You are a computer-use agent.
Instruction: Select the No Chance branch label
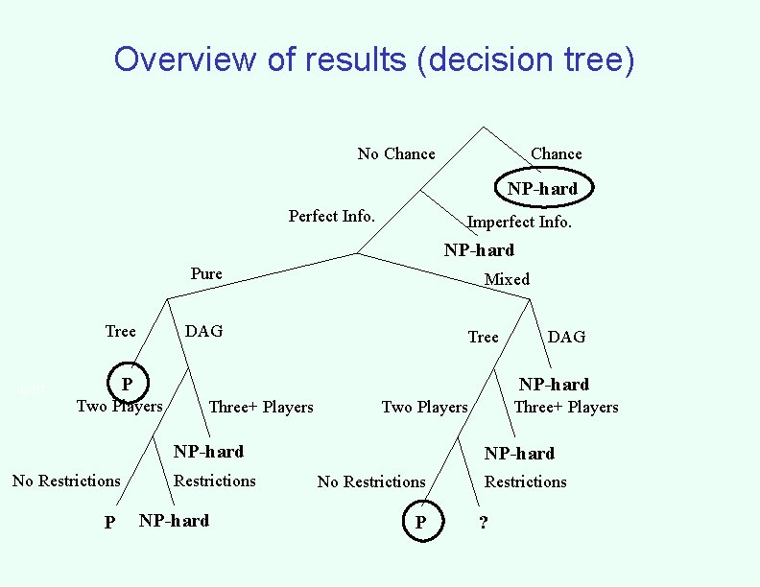pos(395,153)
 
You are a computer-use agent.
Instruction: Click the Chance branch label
pos(556,153)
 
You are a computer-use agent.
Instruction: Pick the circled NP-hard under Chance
pos(543,188)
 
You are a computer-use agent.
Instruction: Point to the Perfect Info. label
pos(331,216)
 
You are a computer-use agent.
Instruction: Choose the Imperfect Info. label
pos(519,223)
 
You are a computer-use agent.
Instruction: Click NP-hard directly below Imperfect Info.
pos(479,250)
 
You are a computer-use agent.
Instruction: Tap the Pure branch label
pos(206,273)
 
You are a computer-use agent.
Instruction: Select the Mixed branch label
pos(507,279)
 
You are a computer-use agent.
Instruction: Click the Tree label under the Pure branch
pos(120,331)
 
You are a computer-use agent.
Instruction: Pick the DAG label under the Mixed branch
pos(566,337)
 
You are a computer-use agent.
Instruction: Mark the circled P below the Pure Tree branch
pos(127,385)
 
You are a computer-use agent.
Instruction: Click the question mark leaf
pos(483,523)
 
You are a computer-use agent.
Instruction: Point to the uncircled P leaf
pos(109,523)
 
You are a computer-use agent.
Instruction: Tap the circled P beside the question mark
pos(419,523)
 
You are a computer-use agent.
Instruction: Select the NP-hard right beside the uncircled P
pos(174,521)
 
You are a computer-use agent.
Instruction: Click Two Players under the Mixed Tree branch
pos(424,407)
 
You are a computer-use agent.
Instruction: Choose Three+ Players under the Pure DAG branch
pos(261,407)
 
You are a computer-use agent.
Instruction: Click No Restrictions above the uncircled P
pos(66,481)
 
